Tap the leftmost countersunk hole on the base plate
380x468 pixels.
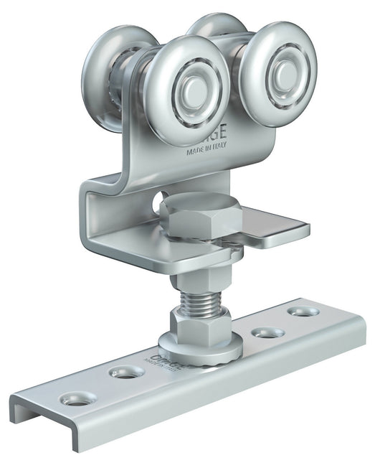pos(76,399)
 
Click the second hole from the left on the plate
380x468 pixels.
pos(126,373)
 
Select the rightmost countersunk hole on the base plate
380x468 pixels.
pos(299,313)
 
